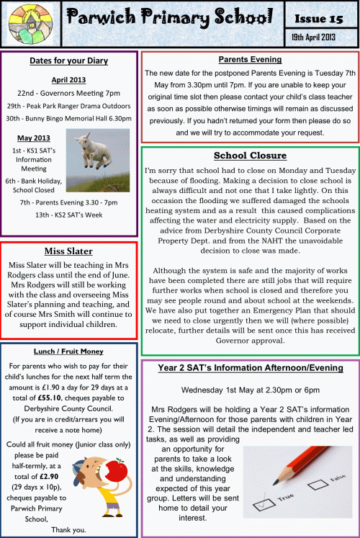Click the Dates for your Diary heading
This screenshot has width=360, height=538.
[x=70, y=62]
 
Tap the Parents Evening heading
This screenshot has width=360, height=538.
[x=250, y=60]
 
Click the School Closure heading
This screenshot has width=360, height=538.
[x=250, y=155]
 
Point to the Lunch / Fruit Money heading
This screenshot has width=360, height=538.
[x=70, y=351]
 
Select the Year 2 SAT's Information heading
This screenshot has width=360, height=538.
[x=251, y=368]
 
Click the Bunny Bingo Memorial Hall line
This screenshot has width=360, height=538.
[x=68, y=118]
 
